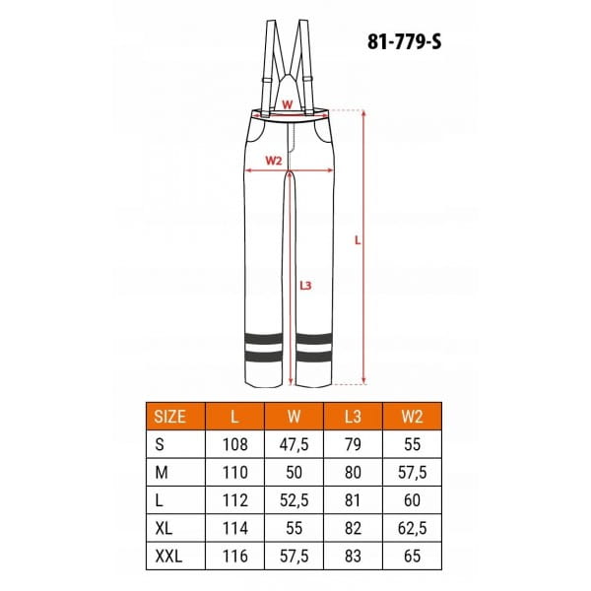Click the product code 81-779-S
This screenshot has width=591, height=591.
(x=404, y=41)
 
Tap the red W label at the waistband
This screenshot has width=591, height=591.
(x=288, y=104)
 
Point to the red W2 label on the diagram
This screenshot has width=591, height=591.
(x=274, y=161)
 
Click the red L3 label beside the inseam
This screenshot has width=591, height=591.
(x=305, y=286)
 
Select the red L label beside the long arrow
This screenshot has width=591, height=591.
(x=358, y=240)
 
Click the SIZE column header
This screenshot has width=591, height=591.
(x=169, y=417)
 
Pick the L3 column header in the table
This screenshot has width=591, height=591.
(x=353, y=417)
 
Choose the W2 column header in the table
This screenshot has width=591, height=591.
(x=412, y=417)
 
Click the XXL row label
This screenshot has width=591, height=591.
(x=168, y=556)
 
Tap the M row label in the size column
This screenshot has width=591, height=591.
(x=162, y=472)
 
